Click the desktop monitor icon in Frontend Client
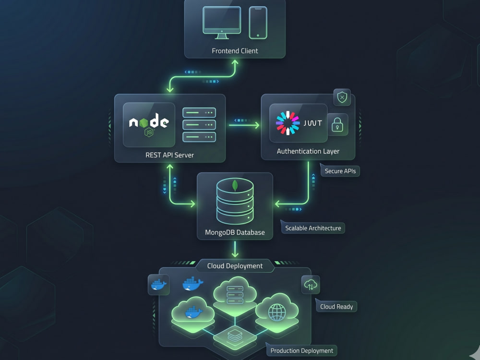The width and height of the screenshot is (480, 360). coord(222,23)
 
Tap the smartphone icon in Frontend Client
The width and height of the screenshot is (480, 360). coord(258,23)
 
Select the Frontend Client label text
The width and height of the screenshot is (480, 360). coord(235,51)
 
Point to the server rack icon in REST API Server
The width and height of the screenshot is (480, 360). coord(199,125)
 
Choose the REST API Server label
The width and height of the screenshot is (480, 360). coord(169,155)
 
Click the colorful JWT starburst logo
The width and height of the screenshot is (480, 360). coord(288,123)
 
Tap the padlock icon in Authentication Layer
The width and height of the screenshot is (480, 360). coord(337,125)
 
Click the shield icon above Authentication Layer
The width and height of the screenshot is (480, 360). coord(342,97)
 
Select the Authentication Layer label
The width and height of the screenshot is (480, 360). coord(308,151)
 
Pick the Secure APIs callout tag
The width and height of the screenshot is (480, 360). coord(340,171)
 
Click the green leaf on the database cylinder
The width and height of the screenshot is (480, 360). coord(235,185)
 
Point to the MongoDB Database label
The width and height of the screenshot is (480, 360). coord(235,232)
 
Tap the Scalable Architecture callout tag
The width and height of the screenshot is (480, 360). coord(313,228)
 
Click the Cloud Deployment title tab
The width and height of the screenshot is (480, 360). coord(235,266)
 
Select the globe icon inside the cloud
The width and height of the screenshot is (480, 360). coord(277,312)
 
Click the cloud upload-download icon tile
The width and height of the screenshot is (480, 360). coord(311,285)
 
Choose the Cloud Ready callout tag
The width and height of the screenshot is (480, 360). coord(336,306)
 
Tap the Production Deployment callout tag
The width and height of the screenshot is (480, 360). coord(301,350)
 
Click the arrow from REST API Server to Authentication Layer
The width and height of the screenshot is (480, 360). coord(244,125)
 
